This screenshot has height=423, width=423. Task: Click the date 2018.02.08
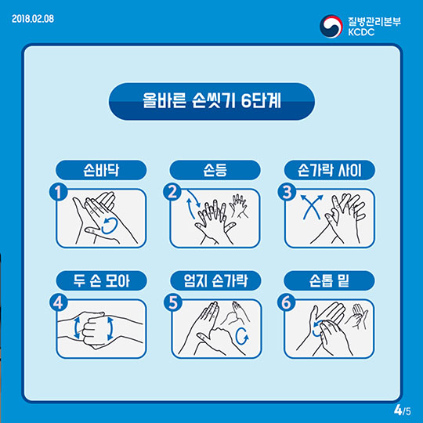[33, 19]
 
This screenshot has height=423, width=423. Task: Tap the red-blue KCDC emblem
[331, 26]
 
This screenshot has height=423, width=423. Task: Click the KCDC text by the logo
[361, 32]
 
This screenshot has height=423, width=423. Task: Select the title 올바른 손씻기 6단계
[211, 101]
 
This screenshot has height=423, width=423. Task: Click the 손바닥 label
[101, 170]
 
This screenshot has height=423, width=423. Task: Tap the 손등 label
[215, 170]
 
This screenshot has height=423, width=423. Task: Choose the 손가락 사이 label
[329, 170]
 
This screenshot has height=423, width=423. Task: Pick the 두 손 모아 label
[101, 280]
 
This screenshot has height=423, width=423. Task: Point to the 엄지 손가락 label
[215, 280]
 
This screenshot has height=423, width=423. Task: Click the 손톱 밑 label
[329, 280]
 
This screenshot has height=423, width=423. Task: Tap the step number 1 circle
[58, 193]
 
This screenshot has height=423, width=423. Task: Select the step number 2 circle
[172, 193]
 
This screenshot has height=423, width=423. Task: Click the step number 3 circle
[287, 193]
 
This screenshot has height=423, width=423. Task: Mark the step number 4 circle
[58, 302]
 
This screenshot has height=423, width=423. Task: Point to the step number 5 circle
[173, 302]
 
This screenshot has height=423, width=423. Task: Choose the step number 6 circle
[287, 302]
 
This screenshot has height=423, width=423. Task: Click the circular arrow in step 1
[117, 226]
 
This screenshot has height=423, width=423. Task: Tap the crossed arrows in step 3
[312, 206]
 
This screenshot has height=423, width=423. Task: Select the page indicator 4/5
[402, 410]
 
